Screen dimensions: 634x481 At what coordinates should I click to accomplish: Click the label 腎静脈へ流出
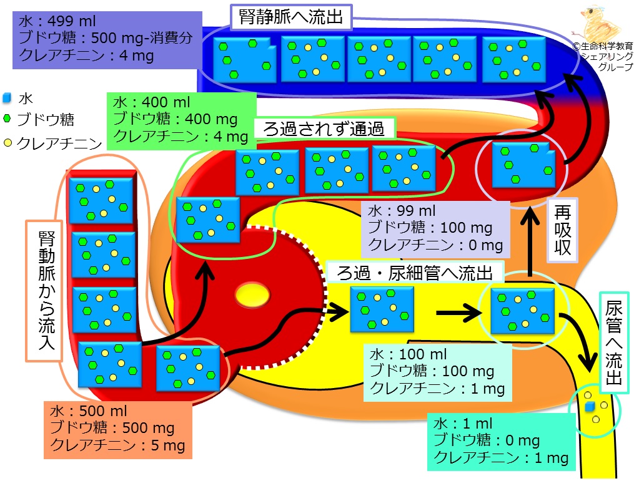coord(291,17)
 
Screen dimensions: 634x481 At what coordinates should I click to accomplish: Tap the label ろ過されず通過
coord(324,129)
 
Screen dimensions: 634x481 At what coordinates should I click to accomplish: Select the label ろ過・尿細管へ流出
coord(415,273)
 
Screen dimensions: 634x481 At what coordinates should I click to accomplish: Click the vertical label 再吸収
coord(562,230)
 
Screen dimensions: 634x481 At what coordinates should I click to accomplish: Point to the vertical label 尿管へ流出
coord(613,343)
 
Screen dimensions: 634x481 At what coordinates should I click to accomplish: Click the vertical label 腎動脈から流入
coord(46,290)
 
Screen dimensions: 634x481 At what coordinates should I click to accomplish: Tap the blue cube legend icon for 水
coord(7,97)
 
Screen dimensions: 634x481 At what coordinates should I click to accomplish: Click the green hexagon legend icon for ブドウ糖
coord(7,119)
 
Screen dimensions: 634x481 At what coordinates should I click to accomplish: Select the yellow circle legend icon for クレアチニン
coord(7,143)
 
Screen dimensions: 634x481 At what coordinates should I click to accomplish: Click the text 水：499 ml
coord(57,21)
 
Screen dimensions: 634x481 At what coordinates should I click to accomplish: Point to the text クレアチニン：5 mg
coord(117,445)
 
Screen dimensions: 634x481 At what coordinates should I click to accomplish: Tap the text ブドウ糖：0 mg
coord(487,440)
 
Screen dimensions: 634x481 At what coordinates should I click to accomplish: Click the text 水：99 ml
coord(402,211)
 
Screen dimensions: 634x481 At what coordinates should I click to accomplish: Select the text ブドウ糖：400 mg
coord(175,119)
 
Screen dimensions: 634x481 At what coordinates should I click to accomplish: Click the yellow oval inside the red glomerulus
coord(253,294)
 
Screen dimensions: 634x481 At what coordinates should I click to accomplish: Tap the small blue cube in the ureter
coord(590,406)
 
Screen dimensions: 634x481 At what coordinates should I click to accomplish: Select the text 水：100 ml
coord(408,354)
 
